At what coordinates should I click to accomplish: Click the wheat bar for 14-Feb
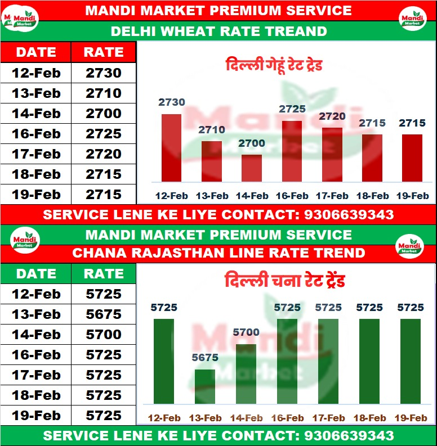(x=252, y=168)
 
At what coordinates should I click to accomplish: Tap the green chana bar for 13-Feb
(x=205, y=386)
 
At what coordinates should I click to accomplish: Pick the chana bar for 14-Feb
(x=246, y=373)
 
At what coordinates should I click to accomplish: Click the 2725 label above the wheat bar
(x=292, y=109)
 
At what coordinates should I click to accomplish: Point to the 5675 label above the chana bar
(x=205, y=358)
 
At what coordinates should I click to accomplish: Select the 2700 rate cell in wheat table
(x=104, y=114)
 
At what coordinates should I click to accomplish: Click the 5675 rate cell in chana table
(x=104, y=314)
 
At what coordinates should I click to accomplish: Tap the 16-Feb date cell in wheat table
(x=36, y=134)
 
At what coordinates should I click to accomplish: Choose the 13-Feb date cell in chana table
(x=36, y=314)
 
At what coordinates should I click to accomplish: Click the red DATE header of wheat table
(x=36, y=52)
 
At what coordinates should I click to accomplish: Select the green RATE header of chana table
(x=104, y=274)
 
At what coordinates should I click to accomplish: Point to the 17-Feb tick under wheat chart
(x=332, y=196)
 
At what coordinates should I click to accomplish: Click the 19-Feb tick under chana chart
(x=411, y=418)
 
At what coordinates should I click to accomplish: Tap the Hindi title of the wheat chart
(x=274, y=65)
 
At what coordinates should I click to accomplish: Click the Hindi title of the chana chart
(x=284, y=280)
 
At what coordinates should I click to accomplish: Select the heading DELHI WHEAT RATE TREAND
(x=218, y=31)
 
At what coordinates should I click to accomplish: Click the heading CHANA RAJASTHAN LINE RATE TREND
(x=218, y=253)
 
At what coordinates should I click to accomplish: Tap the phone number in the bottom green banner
(x=349, y=436)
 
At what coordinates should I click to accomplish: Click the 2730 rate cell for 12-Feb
(x=104, y=73)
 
